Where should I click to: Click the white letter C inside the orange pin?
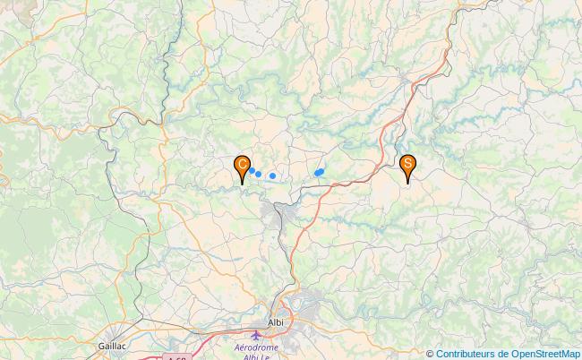[242, 164]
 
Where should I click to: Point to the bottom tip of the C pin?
[242, 184]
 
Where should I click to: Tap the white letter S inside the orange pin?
[407, 163]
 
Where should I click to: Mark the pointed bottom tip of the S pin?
[407, 184]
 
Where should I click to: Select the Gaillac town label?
[114, 344]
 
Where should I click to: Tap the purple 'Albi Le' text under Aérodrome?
[256, 356]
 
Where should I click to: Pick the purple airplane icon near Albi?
[258, 335]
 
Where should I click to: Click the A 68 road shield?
[178, 357]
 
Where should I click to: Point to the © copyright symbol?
[430, 354]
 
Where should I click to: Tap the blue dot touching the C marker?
[252, 170]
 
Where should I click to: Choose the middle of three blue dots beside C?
[258, 174]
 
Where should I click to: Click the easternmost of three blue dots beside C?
[272, 176]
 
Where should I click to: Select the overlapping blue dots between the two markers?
[319, 172]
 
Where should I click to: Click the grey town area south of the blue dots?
[277, 213]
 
